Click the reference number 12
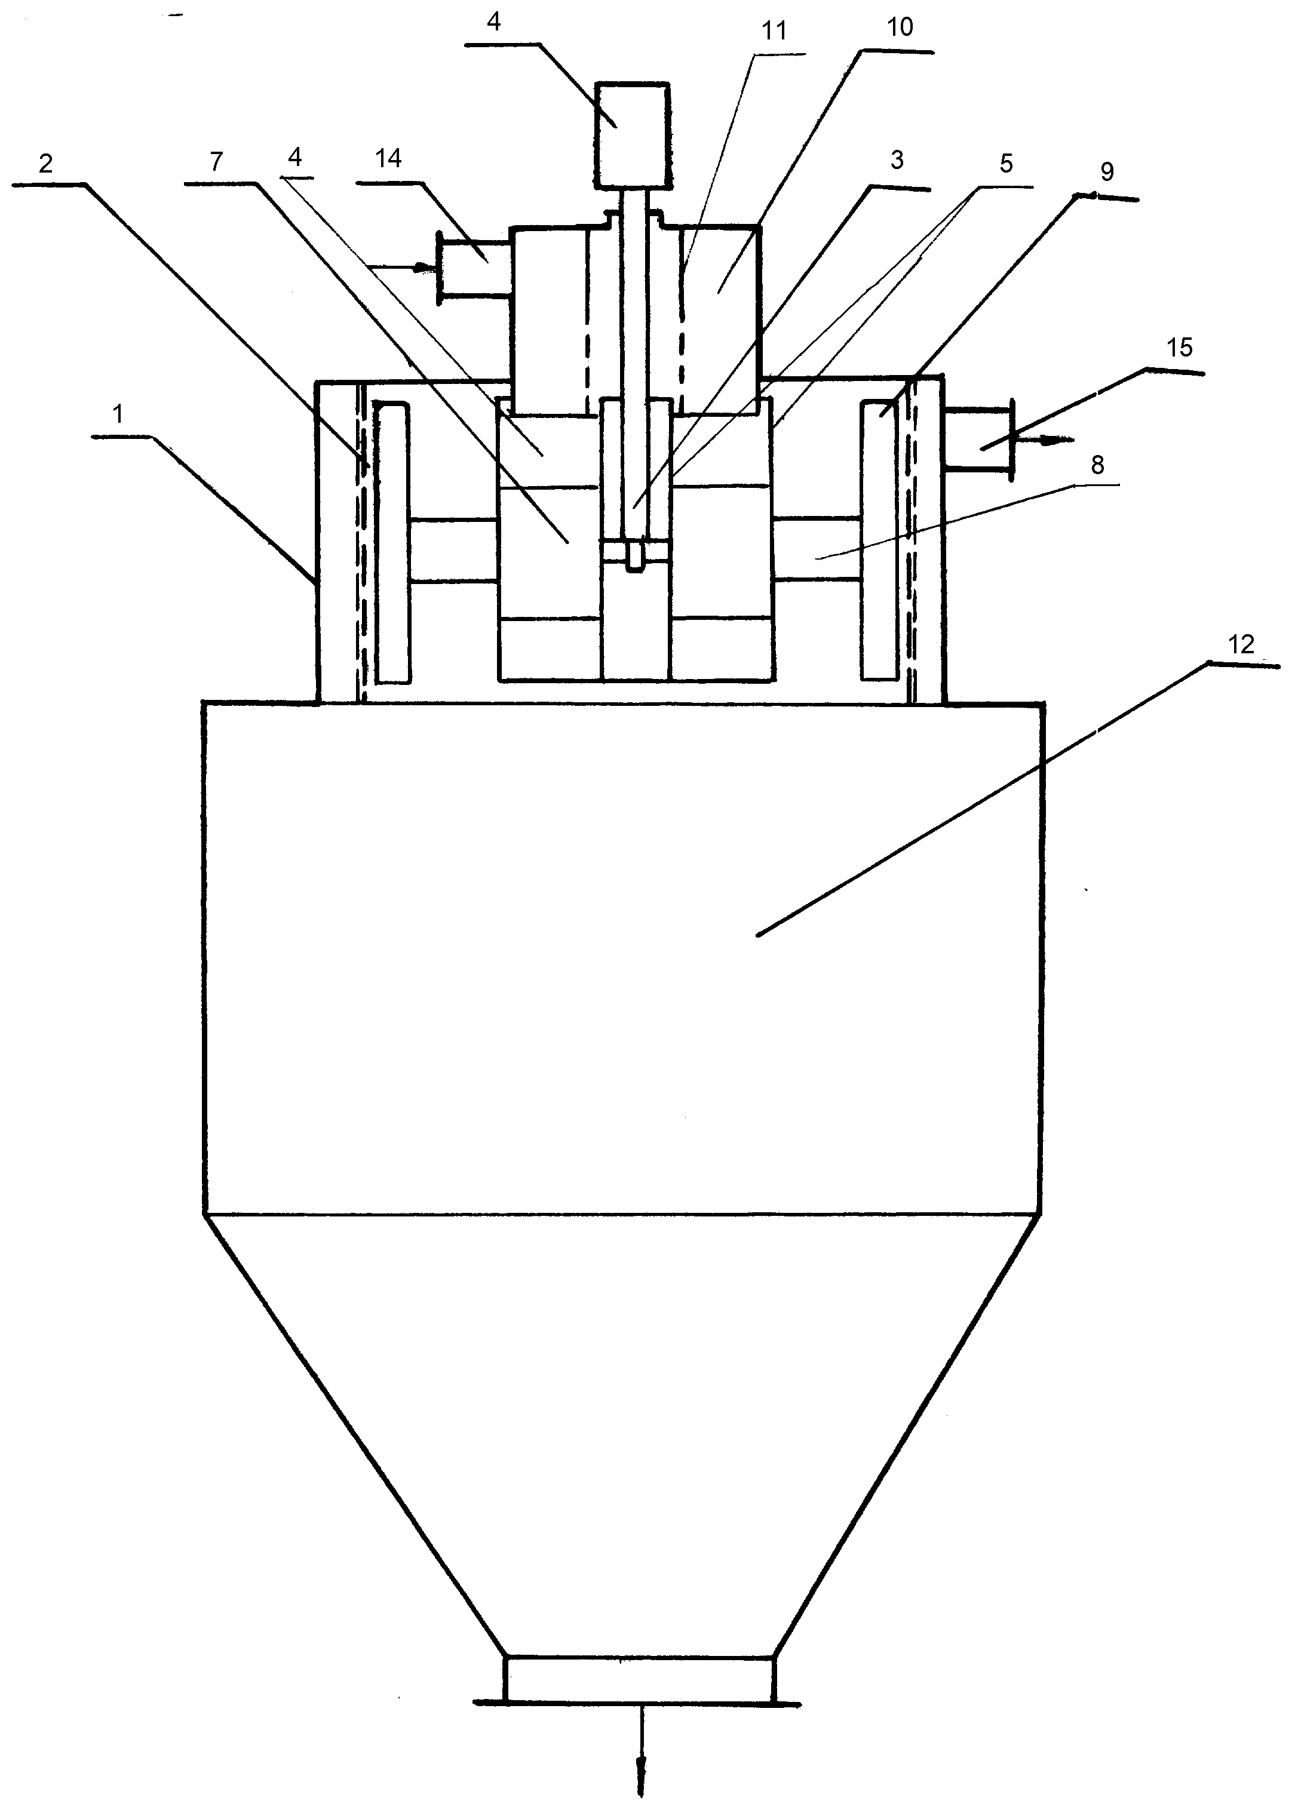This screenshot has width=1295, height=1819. click(x=1242, y=643)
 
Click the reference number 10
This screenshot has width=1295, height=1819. click(x=900, y=27)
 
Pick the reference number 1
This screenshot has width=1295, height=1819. click(x=119, y=414)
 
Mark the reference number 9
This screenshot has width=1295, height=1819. click(x=1107, y=171)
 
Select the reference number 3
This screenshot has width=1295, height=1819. click(x=897, y=159)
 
